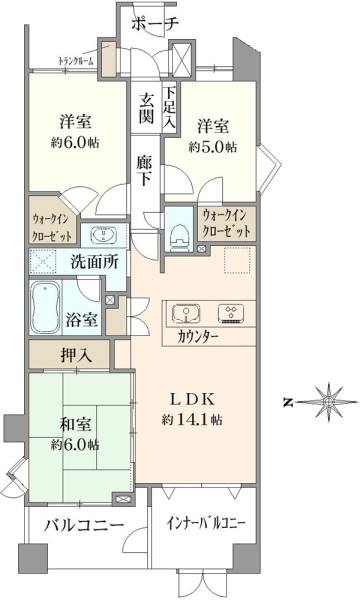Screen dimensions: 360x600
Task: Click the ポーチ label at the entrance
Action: pos(155,24)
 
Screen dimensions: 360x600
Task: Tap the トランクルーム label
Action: pos(76,61)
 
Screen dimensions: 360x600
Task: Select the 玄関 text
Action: pos(146,108)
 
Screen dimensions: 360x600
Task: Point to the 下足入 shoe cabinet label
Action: pos(169,107)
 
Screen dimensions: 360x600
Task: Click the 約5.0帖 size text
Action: pos(213,147)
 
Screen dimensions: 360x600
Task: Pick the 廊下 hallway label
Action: pos(145,171)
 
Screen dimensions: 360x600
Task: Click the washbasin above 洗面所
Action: pos(103,235)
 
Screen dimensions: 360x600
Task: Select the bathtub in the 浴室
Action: pos(46,308)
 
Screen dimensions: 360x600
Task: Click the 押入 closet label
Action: pos(77,355)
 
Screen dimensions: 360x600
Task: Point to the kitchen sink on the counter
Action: pos(186,313)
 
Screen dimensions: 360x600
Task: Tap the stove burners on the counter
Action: pos(231,313)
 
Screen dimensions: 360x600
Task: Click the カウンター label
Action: pos(198,337)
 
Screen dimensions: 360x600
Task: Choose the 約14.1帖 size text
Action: pos(192,420)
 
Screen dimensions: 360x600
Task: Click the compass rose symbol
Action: pos(328,402)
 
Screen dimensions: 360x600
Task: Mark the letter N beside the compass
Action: pos(288,403)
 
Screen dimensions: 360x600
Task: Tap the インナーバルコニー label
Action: pos(205,523)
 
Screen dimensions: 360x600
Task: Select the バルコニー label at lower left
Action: pos(84,525)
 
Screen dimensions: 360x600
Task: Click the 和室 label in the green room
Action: pos(75,425)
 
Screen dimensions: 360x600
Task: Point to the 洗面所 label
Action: pos(94,262)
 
